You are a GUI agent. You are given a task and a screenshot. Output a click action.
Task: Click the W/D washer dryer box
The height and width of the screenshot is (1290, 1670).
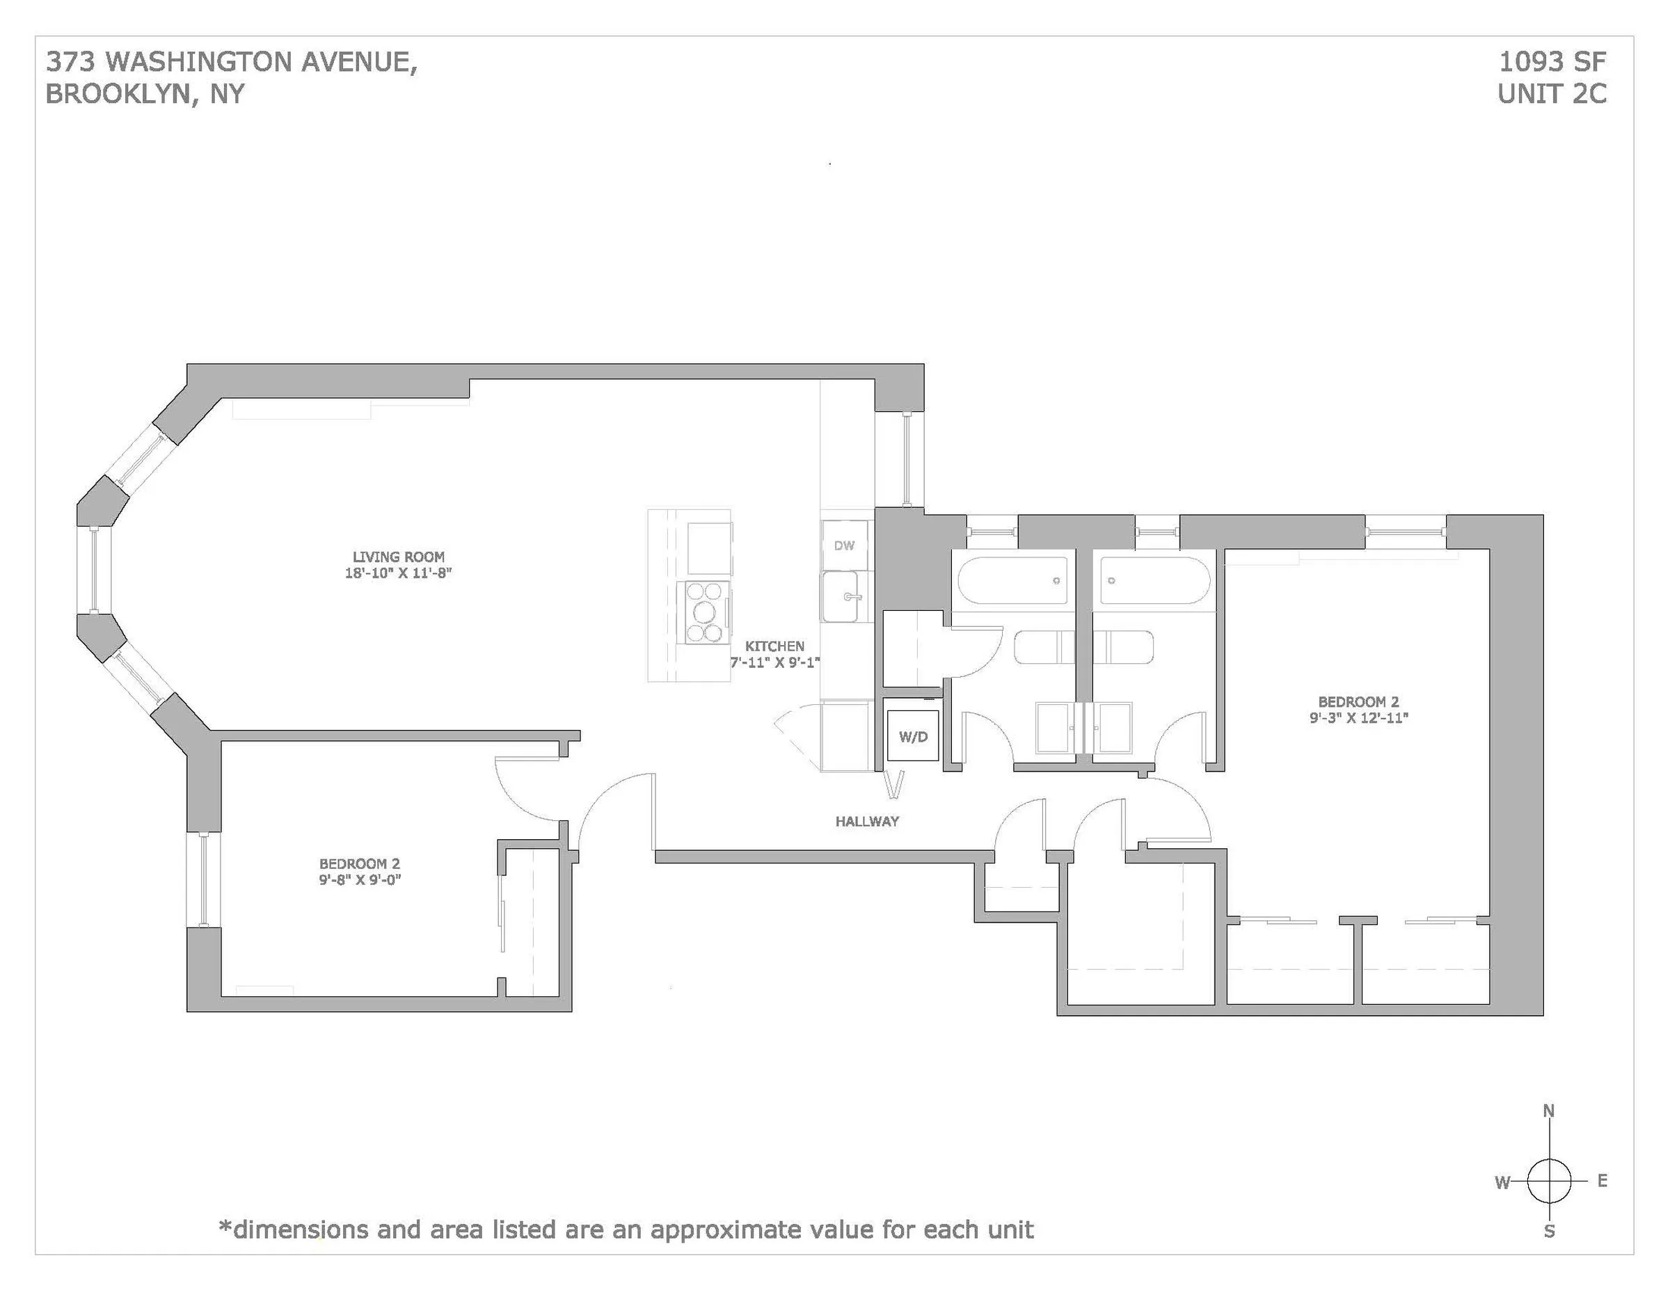pyautogui.click(x=913, y=736)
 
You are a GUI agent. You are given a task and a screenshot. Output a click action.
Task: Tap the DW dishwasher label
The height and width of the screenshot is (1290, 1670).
pyautogui.click(x=844, y=546)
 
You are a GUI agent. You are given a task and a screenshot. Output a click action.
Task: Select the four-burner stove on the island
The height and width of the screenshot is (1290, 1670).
pyautogui.click(x=705, y=612)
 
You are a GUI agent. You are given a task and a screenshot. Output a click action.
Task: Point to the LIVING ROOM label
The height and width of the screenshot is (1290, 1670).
pyautogui.click(x=399, y=557)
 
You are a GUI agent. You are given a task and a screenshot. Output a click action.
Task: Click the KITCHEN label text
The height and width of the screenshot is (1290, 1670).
pyautogui.click(x=774, y=646)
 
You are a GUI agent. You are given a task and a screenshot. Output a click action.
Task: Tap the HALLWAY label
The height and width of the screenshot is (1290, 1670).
pyautogui.click(x=867, y=821)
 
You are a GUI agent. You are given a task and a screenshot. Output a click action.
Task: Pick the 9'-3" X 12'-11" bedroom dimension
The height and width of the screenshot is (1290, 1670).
pyautogui.click(x=1359, y=717)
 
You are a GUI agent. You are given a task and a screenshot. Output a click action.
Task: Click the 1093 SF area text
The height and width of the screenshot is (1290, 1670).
pyautogui.click(x=1552, y=61)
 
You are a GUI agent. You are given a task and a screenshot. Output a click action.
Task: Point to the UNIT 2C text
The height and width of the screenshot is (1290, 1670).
pyautogui.click(x=1552, y=94)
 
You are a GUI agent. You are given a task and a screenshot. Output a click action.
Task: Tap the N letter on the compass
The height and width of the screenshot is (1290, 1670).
pyautogui.click(x=1549, y=1111)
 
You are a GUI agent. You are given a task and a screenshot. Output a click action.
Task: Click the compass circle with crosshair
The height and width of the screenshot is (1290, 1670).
pyautogui.click(x=1549, y=1181)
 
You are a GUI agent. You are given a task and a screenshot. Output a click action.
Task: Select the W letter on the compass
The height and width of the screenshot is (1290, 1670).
pyautogui.click(x=1502, y=1183)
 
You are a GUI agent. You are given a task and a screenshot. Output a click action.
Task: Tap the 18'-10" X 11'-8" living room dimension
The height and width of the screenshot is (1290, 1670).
pyautogui.click(x=399, y=573)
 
